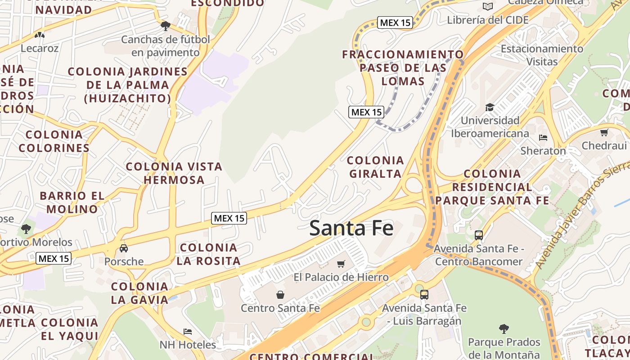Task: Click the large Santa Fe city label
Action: (x=351, y=228)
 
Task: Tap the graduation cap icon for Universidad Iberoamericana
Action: (x=490, y=107)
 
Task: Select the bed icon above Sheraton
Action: (x=543, y=137)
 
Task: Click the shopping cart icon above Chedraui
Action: (x=604, y=132)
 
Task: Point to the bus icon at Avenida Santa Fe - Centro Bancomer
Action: (x=479, y=235)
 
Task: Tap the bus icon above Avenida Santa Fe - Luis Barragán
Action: (x=424, y=295)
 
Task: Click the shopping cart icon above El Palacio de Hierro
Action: (x=341, y=264)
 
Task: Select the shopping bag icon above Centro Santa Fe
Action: (x=280, y=295)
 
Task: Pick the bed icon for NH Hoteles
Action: (x=188, y=332)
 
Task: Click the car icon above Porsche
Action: (x=124, y=248)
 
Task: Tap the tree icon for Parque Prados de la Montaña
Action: (x=504, y=329)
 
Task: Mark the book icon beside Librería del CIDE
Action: (x=487, y=6)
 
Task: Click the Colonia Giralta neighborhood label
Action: (x=375, y=167)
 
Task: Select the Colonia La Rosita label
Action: (x=208, y=254)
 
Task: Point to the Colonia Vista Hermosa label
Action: (x=174, y=173)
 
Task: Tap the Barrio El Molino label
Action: (x=72, y=202)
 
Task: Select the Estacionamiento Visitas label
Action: (x=542, y=55)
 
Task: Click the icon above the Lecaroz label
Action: (x=40, y=35)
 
